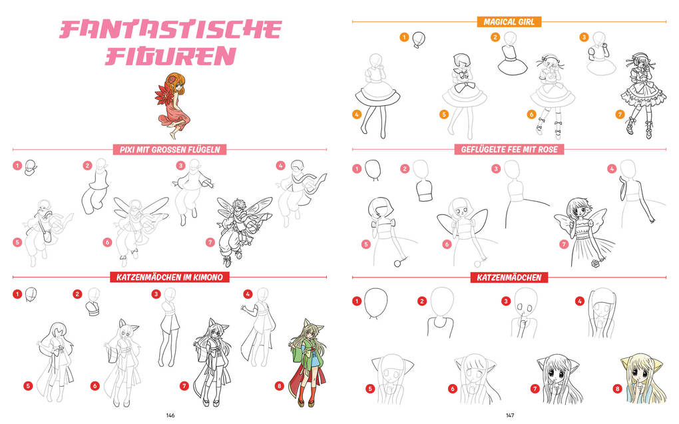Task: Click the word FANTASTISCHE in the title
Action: (170, 30)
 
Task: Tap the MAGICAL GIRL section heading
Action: (509, 22)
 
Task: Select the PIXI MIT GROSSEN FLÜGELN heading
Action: (170, 150)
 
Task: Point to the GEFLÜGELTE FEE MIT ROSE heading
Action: (509, 149)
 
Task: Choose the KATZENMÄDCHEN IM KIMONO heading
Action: (170, 277)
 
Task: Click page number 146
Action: (170, 415)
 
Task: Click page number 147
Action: (510, 415)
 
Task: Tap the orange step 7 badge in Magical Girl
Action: (620, 114)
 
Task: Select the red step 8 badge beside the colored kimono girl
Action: (280, 385)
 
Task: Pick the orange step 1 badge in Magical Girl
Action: (404, 37)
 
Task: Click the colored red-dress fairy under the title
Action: (173, 106)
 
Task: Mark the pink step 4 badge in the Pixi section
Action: (281, 166)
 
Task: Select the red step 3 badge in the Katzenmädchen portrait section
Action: (506, 301)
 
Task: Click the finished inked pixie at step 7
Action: (243, 231)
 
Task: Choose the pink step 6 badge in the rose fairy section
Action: (447, 244)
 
